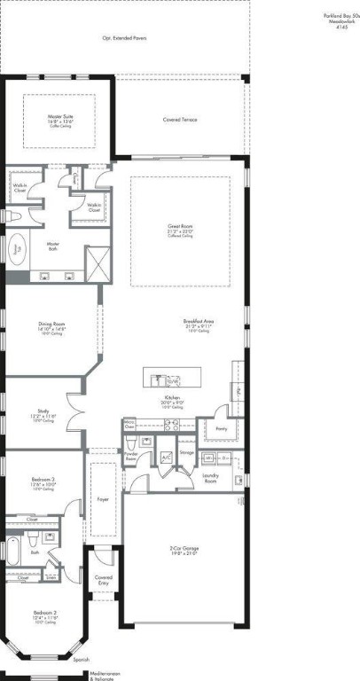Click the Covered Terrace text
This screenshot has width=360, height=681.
[x=181, y=119]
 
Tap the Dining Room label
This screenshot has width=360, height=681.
[x=51, y=327]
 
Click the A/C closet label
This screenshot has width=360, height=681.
[x=165, y=457]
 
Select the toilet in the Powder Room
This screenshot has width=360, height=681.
[x=130, y=442]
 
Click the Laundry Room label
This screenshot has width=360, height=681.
[x=211, y=477]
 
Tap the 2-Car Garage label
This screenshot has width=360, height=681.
[x=184, y=551]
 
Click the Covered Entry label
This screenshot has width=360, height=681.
[x=103, y=581]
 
